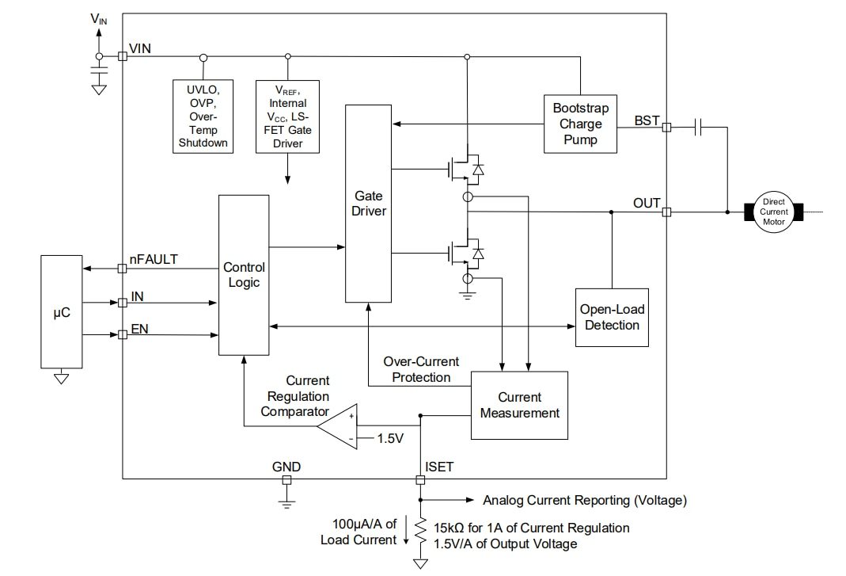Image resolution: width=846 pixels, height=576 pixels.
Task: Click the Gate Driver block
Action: [368, 203]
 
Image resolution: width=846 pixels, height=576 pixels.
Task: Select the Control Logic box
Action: [243, 275]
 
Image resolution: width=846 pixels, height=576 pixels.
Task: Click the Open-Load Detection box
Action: [610, 317]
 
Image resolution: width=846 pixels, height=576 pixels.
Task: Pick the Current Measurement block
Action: [519, 405]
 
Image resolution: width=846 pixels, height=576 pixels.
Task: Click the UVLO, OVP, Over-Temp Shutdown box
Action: [203, 116]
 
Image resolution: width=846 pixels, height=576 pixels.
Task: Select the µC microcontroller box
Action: [61, 311]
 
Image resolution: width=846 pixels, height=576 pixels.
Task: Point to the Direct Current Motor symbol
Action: [773, 212]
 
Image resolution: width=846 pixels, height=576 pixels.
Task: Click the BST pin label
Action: [646, 120]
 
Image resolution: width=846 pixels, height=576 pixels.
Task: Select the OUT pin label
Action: [646, 204]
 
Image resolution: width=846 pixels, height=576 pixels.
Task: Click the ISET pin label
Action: [439, 467]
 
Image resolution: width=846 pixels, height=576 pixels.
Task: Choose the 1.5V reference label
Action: [390, 438]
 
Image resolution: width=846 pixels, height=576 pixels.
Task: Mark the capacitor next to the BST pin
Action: [699, 126]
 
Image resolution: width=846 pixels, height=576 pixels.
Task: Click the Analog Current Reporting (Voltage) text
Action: [584, 500]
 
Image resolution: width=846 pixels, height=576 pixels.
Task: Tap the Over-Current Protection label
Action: [421, 369]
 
